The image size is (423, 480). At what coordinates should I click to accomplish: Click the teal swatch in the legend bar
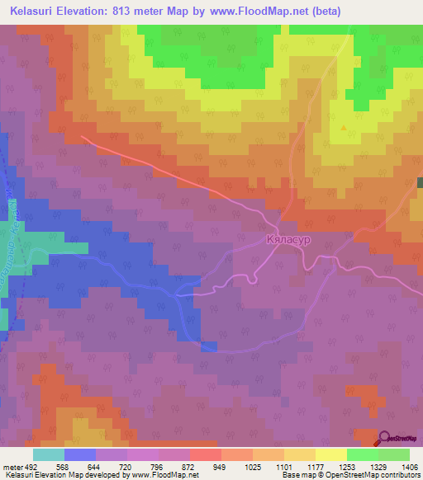48,454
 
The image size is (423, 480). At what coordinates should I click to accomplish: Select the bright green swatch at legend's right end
393,454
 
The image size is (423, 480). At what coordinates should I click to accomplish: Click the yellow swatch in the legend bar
330,454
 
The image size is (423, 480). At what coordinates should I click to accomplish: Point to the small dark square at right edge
420,182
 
